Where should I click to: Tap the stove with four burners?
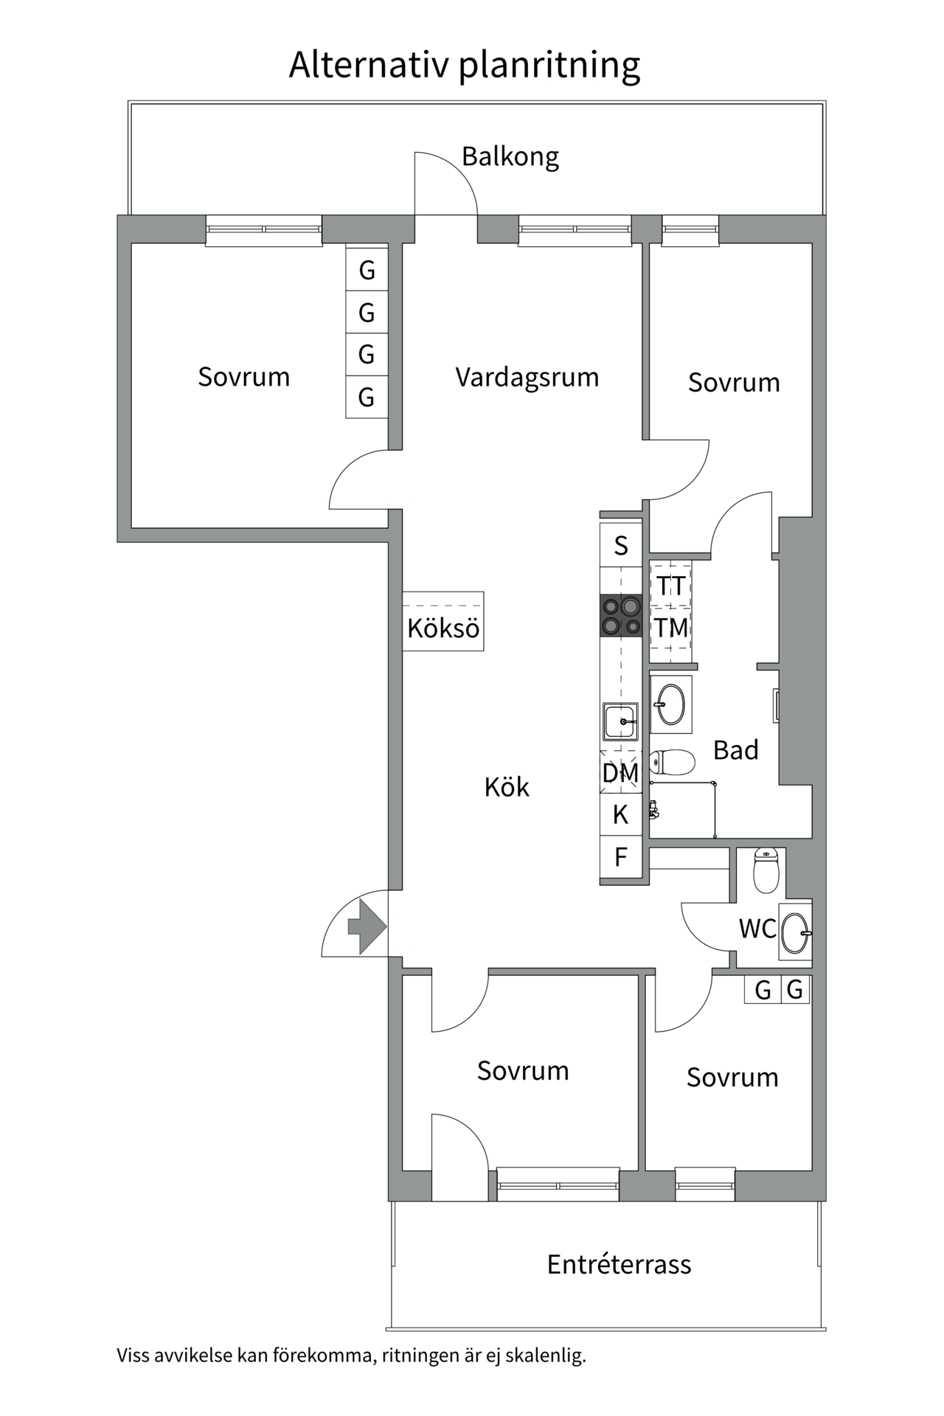tap(620, 616)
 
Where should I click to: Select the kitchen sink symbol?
tap(619, 721)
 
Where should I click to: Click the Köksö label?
tap(443, 629)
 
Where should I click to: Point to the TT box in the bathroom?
tap(670, 586)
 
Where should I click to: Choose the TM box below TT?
tap(670, 628)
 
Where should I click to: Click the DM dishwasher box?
tap(620, 773)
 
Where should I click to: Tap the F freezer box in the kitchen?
tap(620, 857)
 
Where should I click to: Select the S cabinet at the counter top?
tap(620, 546)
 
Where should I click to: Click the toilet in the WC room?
tap(766, 870)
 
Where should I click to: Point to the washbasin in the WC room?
tap(795, 933)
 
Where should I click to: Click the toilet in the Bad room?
tap(673, 763)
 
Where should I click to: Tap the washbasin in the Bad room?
tap(670, 704)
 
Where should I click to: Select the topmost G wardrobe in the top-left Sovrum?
tap(367, 271)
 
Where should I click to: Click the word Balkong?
tap(510, 156)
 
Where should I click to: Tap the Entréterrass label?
tap(619, 1265)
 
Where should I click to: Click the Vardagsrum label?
tap(527, 378)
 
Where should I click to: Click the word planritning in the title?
tap(549, 65)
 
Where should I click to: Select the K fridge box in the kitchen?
tap(620, 815)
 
